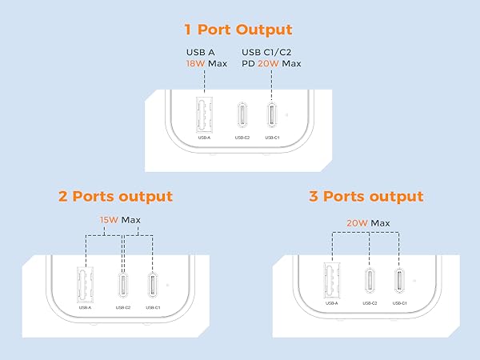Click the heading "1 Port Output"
point(239,30)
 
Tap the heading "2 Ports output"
point(115,196)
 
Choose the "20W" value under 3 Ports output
point(359,222)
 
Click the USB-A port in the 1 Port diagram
point(204,114)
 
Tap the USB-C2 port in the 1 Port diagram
point(242,115)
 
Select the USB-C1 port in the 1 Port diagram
point(272,115)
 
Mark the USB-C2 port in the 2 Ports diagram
point(122,284)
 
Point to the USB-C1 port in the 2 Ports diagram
point(151,285)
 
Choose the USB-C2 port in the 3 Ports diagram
point(368,281)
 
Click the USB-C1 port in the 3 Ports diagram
point(398,281)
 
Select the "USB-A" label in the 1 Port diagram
point(204,138)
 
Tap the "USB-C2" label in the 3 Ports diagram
point(368,303)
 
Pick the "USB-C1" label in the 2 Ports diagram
point(151,307)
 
